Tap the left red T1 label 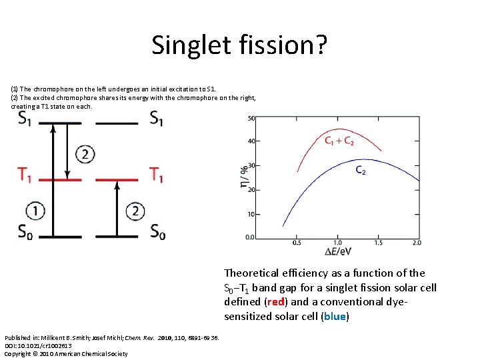click(25, 175)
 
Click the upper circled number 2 click(84, 155)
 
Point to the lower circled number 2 click(135, 211)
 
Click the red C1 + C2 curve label click(339, 141)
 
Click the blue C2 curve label click(360, 171)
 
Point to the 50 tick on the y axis click(251, 119)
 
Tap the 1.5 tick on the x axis click(378, 243)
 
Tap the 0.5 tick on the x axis click(297, 243)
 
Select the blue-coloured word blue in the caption click(334, 316)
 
